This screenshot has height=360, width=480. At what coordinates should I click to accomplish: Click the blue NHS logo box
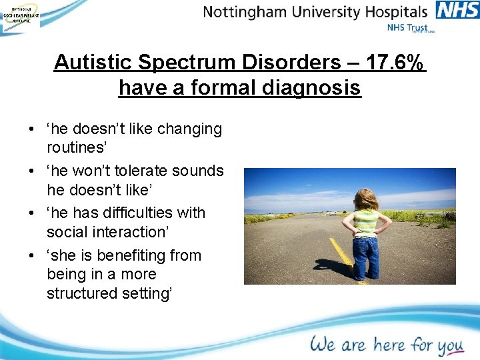pos(457,10)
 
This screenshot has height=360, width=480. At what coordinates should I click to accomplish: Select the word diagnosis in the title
pos(315,87)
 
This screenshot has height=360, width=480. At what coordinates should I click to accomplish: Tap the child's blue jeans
pos(365,257)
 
